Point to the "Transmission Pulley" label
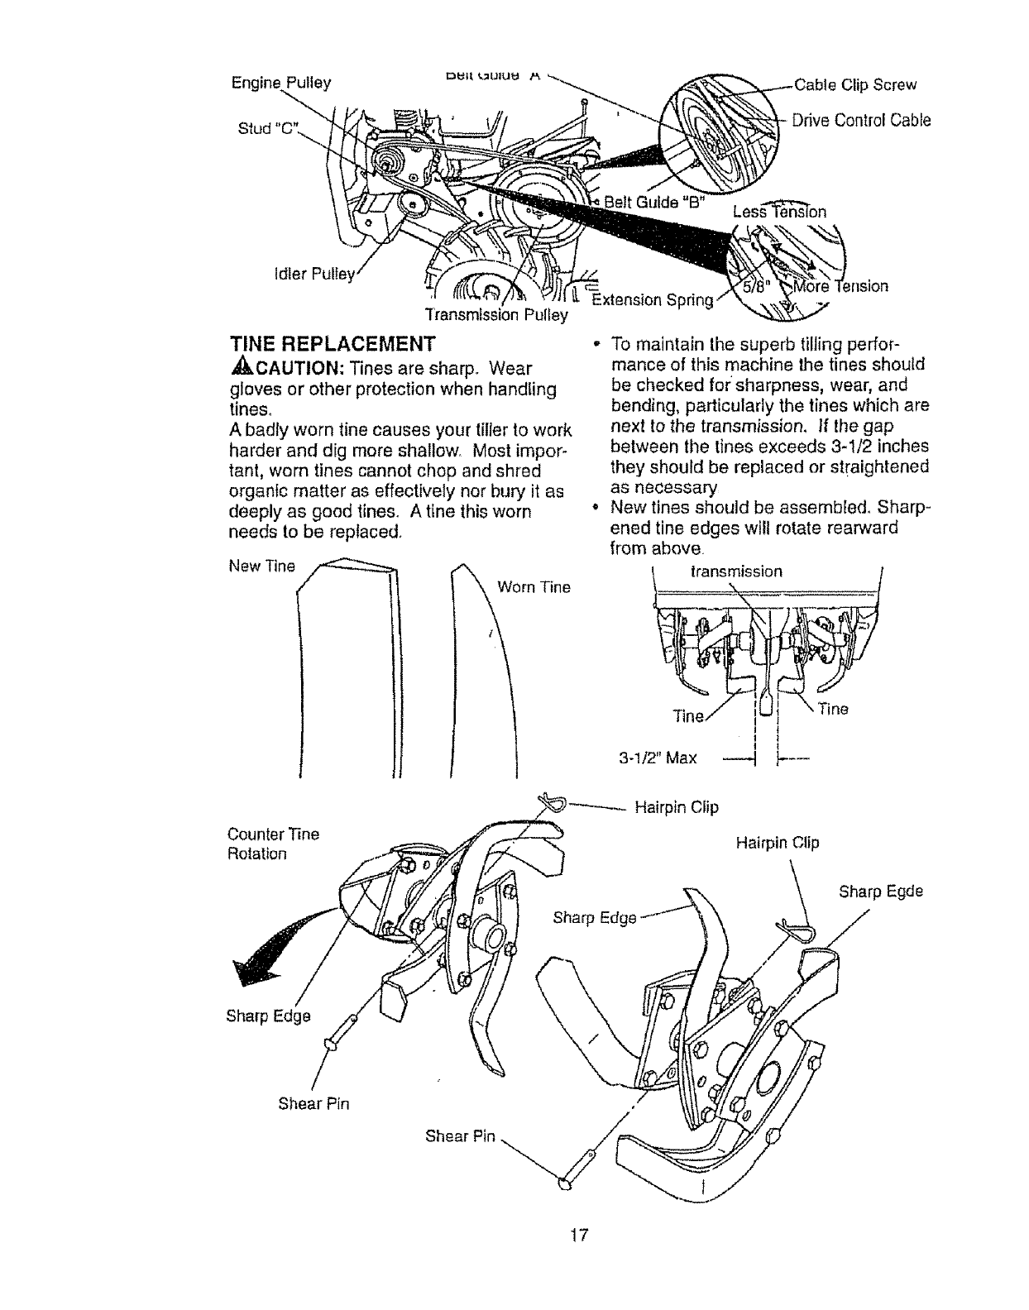[x=495, y=314]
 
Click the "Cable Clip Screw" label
[x=855, y=84]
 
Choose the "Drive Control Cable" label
[x=861, y=120]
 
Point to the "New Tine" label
[x=261, y=566]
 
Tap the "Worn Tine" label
[x=534, y=587]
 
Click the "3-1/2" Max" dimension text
[x=658, y=757]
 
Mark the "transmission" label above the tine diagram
[x=735, y=571]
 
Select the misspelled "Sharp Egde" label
[x=880, y=892]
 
